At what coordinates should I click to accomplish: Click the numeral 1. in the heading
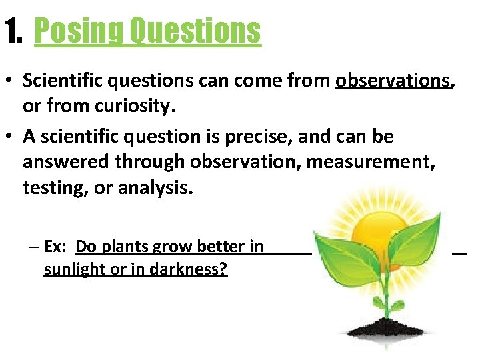coord(14,31)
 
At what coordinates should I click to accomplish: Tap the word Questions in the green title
coord(195,31)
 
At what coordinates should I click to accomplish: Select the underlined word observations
coord(393,81)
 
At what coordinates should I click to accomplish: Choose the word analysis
coord(155,187)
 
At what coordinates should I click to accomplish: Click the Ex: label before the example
coord(57,247)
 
